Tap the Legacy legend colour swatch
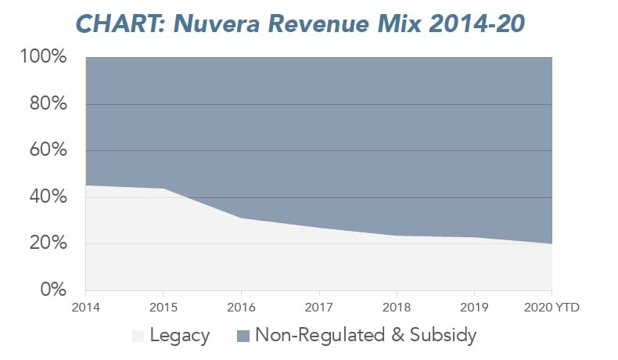click(138, 337)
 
